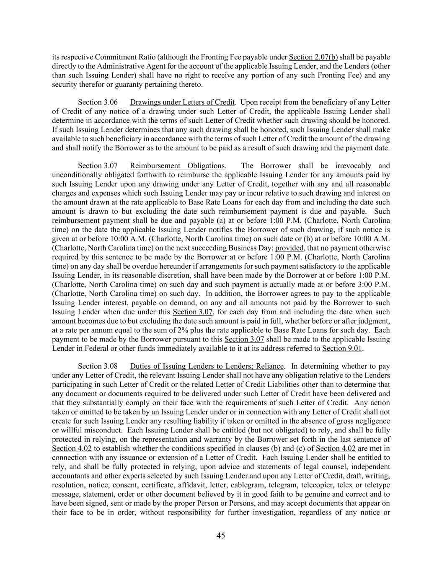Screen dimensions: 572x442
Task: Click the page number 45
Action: [x=221, y=535]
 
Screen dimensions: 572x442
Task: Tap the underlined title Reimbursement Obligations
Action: [x=177, y=166]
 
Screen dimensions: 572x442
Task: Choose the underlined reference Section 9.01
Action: [x=342, y=348]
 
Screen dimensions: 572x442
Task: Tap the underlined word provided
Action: [x=289, y=248]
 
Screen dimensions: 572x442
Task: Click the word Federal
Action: [x=92, y=348]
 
